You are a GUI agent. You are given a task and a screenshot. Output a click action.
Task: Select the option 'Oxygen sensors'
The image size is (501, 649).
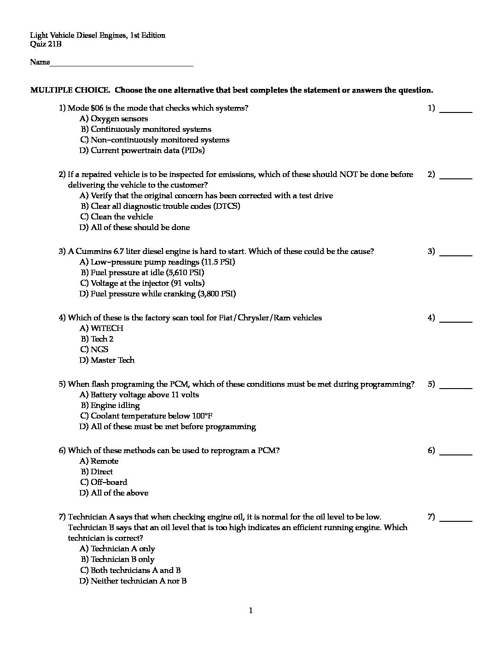click(x=119, y=119)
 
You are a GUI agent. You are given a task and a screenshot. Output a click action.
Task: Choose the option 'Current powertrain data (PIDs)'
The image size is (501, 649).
click(x=147, y=151)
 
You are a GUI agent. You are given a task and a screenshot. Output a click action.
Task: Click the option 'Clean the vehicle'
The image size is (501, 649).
click(x=122, y=217)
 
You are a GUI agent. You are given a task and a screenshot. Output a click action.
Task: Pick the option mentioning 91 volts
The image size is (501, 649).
click(x=147, y=283)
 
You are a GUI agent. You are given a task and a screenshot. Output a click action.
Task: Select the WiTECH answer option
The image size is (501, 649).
click(x=107, y=329)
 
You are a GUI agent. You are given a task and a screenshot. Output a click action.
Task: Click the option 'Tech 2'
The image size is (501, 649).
click(x=102, y=339)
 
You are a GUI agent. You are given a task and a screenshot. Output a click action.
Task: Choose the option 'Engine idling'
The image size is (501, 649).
click(x=115, y=406)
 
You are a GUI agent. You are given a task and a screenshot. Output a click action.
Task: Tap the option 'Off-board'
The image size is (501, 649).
click(x=109, y=483)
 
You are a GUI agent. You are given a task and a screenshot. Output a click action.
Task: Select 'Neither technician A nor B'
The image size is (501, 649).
click(x=138, y=581)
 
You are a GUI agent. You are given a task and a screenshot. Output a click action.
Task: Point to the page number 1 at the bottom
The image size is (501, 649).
click(x=251, y=611)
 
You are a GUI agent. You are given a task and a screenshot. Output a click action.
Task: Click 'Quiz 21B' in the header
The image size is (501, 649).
click(x=46, y=45)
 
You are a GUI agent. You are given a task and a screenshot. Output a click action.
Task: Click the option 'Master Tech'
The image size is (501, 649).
click(x=112, y=360)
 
